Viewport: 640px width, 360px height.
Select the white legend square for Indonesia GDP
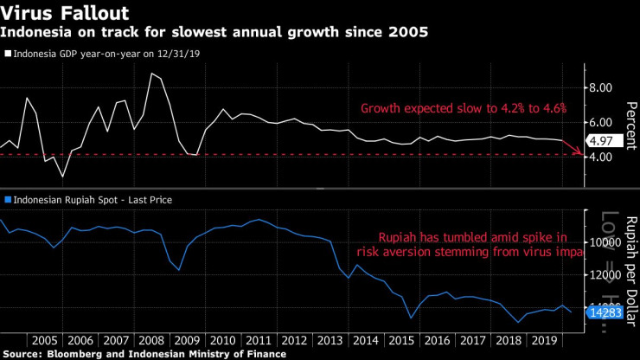click(x=8, y=54)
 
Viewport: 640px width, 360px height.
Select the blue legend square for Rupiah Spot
click(x=8, y=200)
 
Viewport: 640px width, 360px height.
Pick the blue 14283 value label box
click(x=605, y=312)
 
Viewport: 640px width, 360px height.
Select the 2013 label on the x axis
click(x=330, y=341)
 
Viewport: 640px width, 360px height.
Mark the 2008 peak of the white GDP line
click(x=151, y=74)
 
